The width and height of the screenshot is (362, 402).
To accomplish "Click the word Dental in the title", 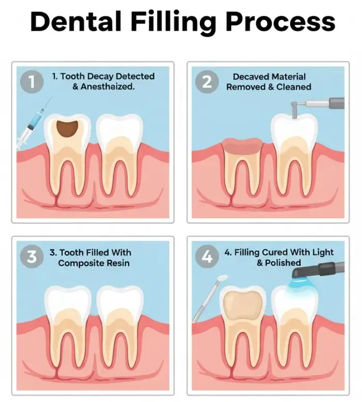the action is (x=76, y=21).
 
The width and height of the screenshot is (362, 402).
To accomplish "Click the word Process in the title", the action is (x=280, y=21).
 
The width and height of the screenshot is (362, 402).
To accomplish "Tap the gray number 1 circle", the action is (x=32, y=82).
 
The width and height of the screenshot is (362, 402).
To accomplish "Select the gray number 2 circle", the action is (x=207, y=82).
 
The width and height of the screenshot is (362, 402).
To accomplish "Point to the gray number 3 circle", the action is (x=32, y=256).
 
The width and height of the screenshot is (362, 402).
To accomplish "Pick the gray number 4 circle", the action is (x=207, y=256).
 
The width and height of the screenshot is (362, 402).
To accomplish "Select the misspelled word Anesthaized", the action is (x=108, y=87).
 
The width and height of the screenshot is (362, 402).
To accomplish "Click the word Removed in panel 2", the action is (x=246, y=87).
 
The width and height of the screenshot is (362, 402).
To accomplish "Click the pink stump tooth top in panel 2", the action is (x=242, y=146).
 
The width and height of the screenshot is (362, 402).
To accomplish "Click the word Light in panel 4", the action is (x=323, y=253).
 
